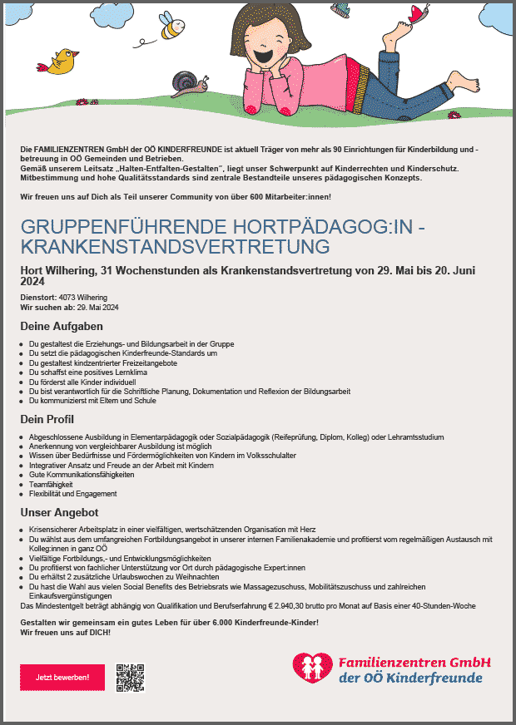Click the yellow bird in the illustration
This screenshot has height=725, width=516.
tap(62, 61)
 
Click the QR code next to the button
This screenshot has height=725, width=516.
tap(130, 678)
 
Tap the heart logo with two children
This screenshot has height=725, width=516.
tap(313, 667)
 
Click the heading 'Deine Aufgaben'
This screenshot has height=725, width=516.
tap(62, 326)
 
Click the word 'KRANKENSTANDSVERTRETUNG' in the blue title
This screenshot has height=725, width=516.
tap(175, 246)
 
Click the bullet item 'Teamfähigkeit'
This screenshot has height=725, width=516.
tap(51, 484)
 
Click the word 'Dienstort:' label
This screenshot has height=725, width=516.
tap(38, 298)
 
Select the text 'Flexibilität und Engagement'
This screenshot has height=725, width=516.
tap(72, 494)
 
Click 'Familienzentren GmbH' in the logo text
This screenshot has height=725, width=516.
tap(414, 663)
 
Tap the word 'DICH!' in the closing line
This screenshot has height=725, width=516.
tap(96, 633)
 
